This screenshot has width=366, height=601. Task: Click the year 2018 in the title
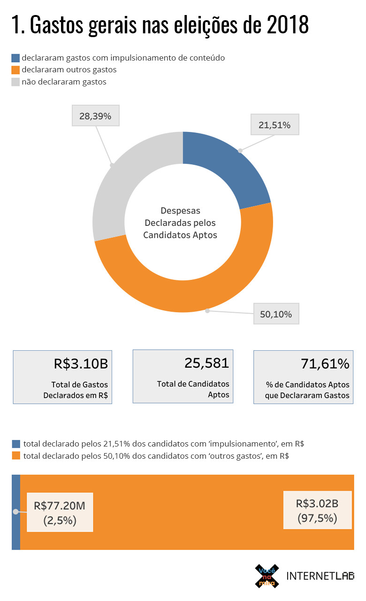[288, 25]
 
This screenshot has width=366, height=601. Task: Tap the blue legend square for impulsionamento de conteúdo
[16, 58]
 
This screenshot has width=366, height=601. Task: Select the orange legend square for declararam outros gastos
[16, 70]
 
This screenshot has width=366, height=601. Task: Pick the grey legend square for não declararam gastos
[16, 82]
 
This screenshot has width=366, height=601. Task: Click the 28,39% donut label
[95, 116]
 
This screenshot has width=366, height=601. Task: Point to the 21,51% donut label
[274, 125]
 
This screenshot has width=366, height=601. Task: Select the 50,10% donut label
[276, 314]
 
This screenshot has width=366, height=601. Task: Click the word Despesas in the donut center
[180, 211]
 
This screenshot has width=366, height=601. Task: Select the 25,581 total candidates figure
[206, 363]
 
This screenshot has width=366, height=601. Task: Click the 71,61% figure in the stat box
[325, 364]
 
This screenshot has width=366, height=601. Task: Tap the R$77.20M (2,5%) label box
[60, 512]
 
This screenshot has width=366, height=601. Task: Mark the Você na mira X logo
[267, 576]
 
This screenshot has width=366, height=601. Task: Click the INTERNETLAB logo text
[320, 576]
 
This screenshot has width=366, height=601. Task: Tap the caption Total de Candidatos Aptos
[193, 389]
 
